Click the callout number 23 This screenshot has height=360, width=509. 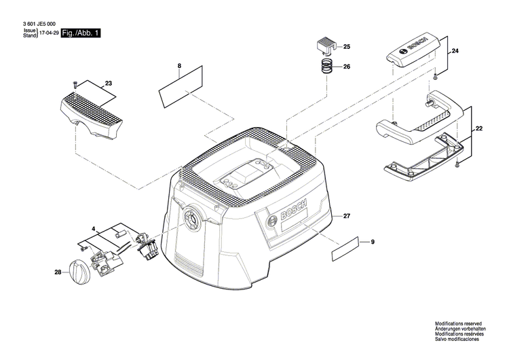click(108, 84)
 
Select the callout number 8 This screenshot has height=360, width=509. click(179, 67)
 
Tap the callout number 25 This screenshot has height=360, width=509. click(346, 47)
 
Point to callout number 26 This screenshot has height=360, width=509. click(346, 67)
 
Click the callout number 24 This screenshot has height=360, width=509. click(455, 52)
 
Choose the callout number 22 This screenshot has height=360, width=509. click(479, 128)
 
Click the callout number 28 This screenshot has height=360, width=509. click(57, 272)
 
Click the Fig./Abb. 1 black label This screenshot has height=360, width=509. click(81, 32)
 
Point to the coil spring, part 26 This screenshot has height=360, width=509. click(326, 66)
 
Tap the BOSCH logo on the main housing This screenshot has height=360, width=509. click(293, 213)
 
